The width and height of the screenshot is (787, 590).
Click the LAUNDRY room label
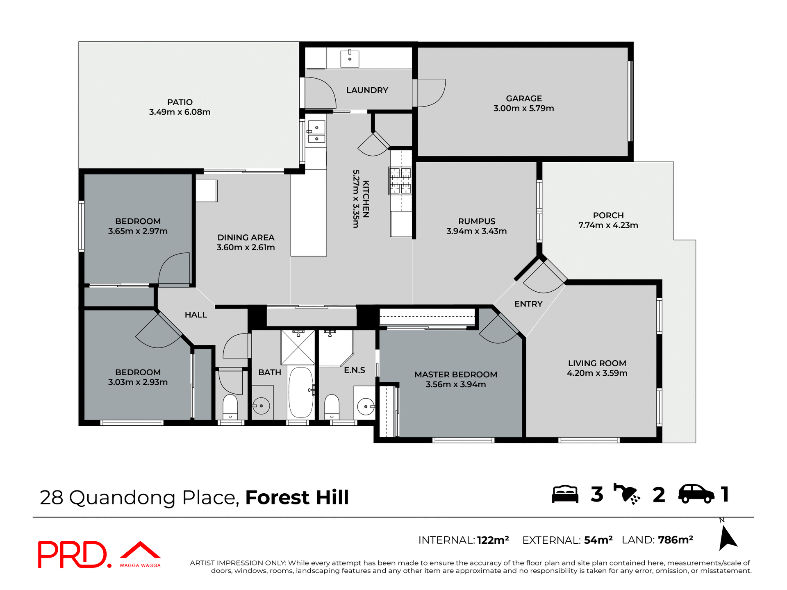pyautogui.click(x=367, y=90)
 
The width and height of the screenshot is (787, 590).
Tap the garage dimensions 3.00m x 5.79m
pyautogui.click(x=523, y=109)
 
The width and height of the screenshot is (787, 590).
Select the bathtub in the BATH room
pyautogui.click(x=300, y=392)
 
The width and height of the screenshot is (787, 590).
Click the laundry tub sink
pyautogui.click(x=350, y=59)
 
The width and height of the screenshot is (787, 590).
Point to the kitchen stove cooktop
pyautogui.click(x=400, y=180)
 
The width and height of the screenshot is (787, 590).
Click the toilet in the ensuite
pyautogui.click(x=332, y=406)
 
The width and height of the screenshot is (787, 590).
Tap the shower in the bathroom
pyautogui.click(x=298, y=347)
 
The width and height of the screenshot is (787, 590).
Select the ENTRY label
pyautogui.click(x=528, y=304)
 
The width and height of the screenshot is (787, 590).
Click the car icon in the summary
pyautogui.click(x=696, y=494)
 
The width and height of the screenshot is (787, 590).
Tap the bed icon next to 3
pyautogui.click(x=565, y=494)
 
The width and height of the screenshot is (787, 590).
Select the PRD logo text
pyautogui.click(x=73, y=554)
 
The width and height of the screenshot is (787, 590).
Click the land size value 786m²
pyautogui.click(x=675, y=540)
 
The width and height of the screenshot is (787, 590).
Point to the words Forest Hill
pyautogui.click(x=297, y=497)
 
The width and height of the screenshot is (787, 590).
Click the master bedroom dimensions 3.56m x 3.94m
pyautogui.click(x=455, y=384)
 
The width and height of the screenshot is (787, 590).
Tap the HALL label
pyautogui.click(x=196, y=315)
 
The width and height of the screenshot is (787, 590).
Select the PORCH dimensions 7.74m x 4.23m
pyautogui.click(x=608, y=225)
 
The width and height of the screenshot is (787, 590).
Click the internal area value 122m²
pyautogui.click(x=493, y=540)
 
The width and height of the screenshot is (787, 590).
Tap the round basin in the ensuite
pyautogui.click(x=365, y=406)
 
